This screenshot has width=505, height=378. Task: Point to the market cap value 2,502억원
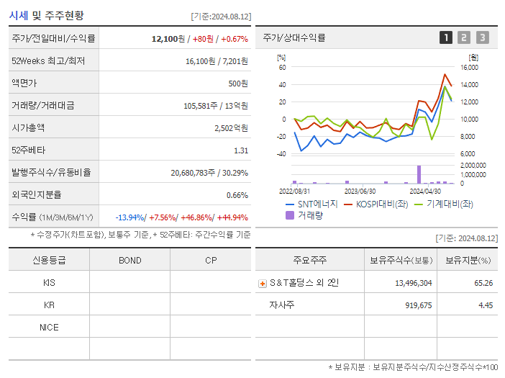point(231,128)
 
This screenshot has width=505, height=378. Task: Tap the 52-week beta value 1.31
point(241,150)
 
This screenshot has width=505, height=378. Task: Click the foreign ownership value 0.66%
point(237,195)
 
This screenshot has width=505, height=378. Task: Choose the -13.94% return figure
point(129,217)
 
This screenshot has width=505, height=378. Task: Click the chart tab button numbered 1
point(446,37)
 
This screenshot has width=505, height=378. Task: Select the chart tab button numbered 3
point(482,37)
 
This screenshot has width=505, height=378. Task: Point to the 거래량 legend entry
point(310,215)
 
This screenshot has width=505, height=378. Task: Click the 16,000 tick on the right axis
point(468,68)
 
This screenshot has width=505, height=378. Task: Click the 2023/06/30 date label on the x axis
point(360,192)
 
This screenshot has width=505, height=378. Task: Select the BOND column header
point(129,260)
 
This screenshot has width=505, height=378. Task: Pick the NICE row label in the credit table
point(49,327)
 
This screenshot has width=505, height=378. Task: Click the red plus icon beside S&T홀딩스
point(263,283)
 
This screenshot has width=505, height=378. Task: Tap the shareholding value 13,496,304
point(414,283)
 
